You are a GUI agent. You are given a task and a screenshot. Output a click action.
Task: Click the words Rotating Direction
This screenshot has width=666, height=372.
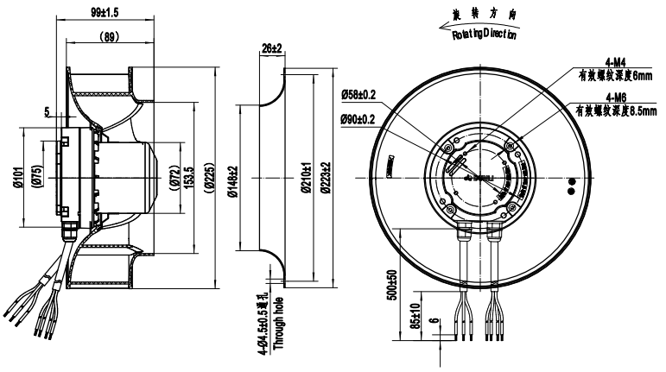[484, 35]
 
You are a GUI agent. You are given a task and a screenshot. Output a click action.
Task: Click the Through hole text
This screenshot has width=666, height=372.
[279, 325]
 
